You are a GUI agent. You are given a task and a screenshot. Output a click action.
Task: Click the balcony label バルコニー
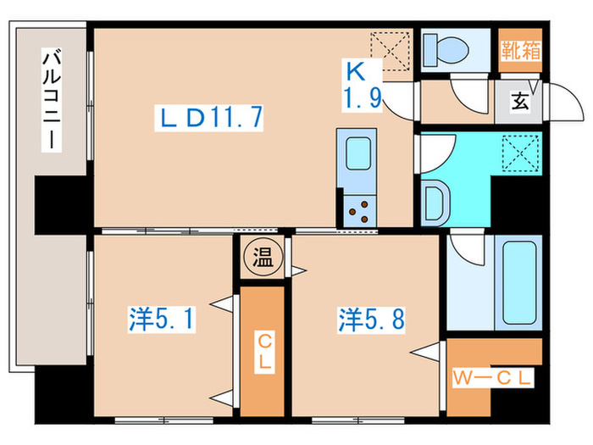pyautogui.click(x=53, y=99)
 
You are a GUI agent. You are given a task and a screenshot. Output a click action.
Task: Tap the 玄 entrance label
pyautogui.click(x=518, y=103)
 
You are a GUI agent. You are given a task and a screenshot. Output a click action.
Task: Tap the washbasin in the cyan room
pyautogui.click(x=437, y=203)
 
